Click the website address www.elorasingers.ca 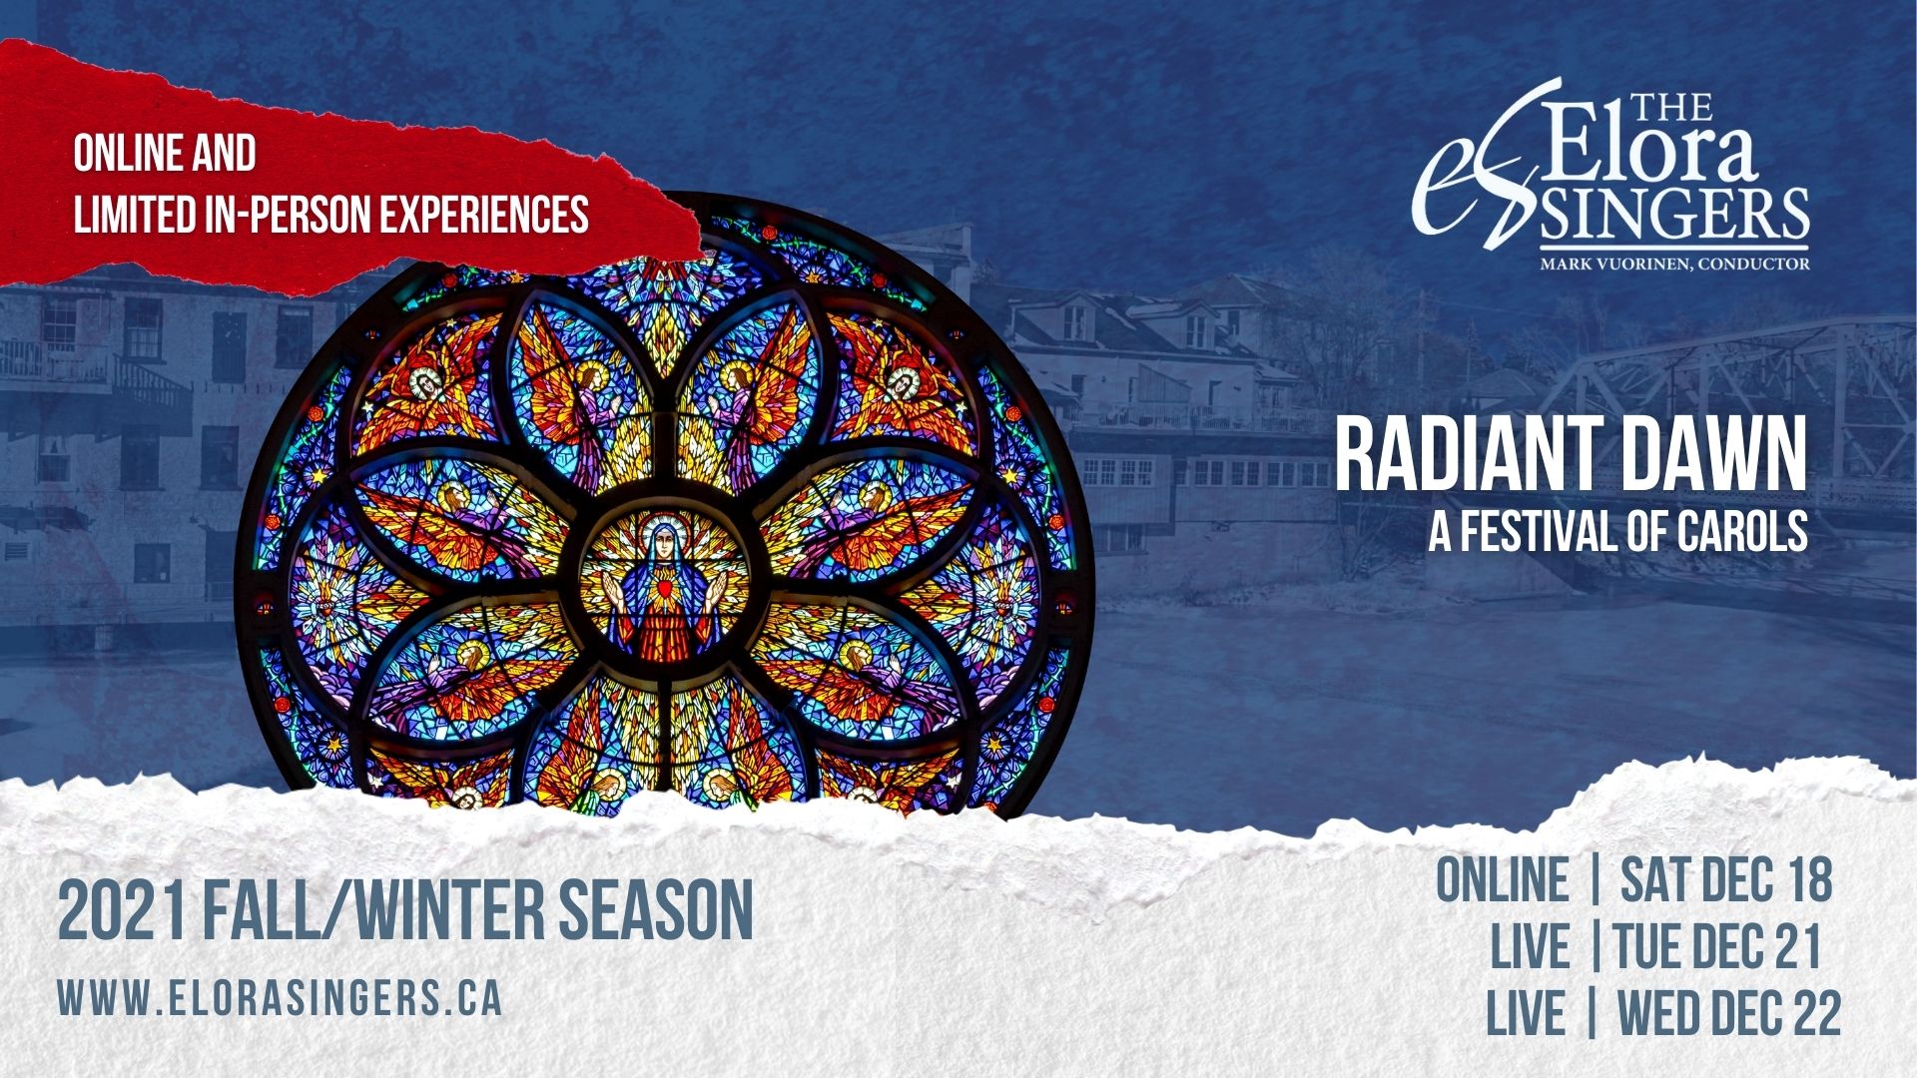(x=280, y=998)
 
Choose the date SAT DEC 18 (x=1726, y=879)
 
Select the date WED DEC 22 (x=1728, y=1013)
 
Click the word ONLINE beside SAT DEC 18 (x=1503, y=879)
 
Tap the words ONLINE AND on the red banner (x=165, y=154)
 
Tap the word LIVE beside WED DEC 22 (x=1526, y=1013)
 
